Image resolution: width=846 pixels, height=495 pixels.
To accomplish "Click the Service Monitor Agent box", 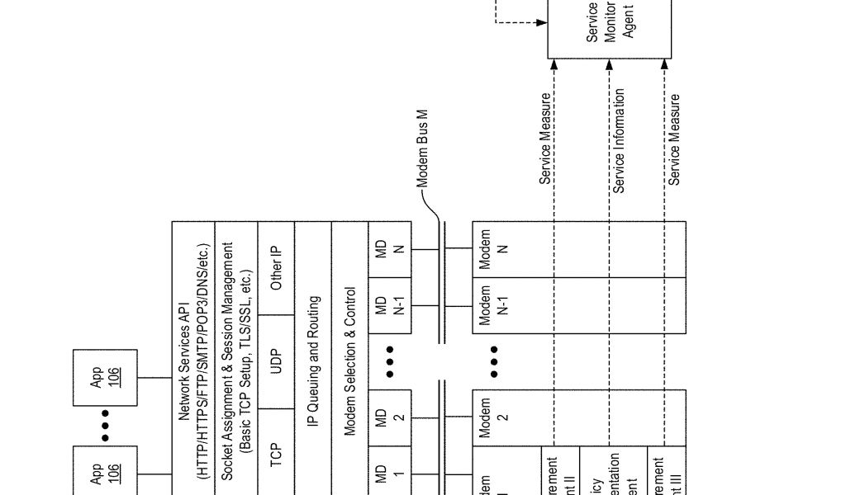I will (x=610, y=28).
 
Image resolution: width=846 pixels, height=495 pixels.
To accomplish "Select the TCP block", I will (x=276, y=452).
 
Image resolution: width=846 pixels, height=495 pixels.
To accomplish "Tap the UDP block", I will (x=276, y=361).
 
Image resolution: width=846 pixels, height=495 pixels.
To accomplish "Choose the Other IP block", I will (x=276, y=268).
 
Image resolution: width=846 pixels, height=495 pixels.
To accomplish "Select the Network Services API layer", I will (x=192, y=360).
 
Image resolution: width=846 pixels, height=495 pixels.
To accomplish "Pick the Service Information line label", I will (x=620, y=141).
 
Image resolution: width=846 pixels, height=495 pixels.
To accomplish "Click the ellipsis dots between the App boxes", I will (x=106, y=425).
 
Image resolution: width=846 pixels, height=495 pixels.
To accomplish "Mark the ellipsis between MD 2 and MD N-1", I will (x=389, y=361).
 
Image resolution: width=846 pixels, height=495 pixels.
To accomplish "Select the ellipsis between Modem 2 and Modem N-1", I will (x=493, y=361).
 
